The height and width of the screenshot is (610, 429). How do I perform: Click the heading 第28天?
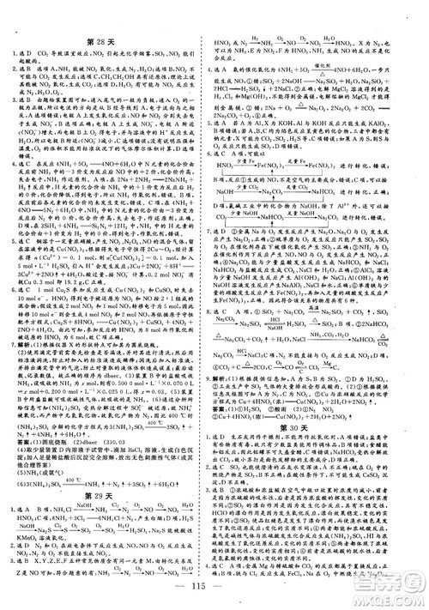[x=108, y=41]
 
